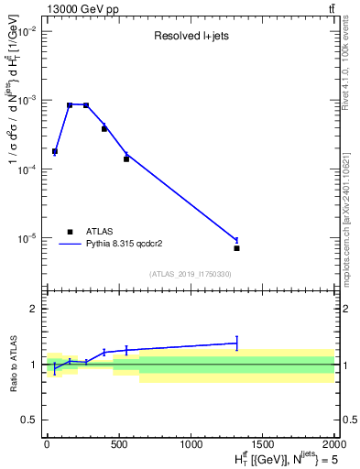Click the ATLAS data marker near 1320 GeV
[x=236, y=248]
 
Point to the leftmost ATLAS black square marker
[x=55, y=151]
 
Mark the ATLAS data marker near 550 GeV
[x=126, y=159]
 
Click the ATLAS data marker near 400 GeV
[x=104, y=129]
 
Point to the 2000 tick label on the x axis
[x=334, y=442]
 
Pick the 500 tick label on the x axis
[x=118, y=442]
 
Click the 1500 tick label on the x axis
[x=262, y=442]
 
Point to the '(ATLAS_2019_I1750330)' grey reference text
[x=190, y=274]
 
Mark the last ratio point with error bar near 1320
[x=236, y=343]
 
